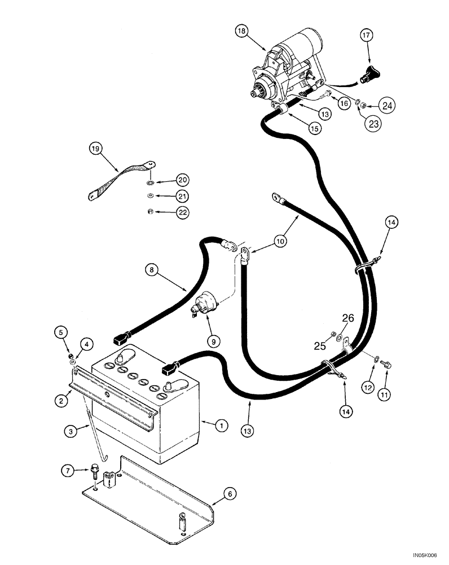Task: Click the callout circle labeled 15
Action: [x=315, y=128]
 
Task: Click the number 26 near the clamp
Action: [x=347, y=319]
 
